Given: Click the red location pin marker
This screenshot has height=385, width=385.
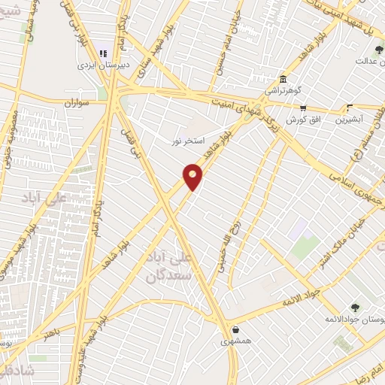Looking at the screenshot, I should [193, 176].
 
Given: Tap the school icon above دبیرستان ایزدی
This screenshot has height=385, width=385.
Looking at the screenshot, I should [104, 53].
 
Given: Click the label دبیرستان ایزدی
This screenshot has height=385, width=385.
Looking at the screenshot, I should [105, 65].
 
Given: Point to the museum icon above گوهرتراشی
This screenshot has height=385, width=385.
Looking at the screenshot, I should [282, 80].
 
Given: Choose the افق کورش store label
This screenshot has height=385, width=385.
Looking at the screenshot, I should [302, 120].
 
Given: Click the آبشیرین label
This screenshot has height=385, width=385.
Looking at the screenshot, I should [350, 120].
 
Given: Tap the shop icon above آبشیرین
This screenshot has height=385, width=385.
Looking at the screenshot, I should [350, 108].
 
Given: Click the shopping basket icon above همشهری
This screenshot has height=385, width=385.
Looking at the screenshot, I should [236, 329].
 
